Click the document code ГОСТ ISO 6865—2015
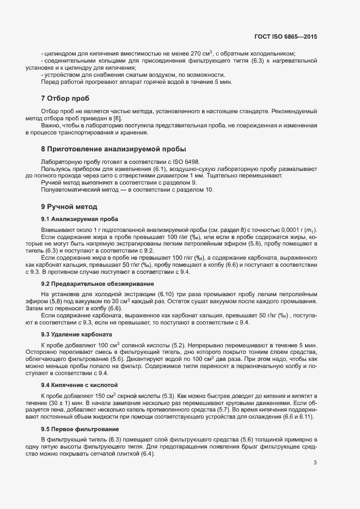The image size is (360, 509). pos(285,36)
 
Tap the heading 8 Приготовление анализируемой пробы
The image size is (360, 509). pos(113,149)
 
